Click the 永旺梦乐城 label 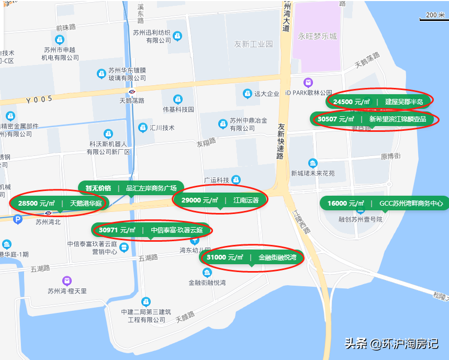click(x=318, y=37)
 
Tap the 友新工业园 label click(x=253, y=44)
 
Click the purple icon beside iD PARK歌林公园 click(x=308, y=83)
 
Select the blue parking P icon click(x=18, y=220)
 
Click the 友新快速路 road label click(x=281, y=141)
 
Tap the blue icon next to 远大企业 click(x=247, y=94)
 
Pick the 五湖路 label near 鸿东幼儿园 click(x=148, y=258)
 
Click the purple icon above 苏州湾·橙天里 click(x=66, y=281)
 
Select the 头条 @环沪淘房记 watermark click(x=391, y=344)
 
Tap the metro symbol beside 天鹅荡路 click(x=132, y=92)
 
